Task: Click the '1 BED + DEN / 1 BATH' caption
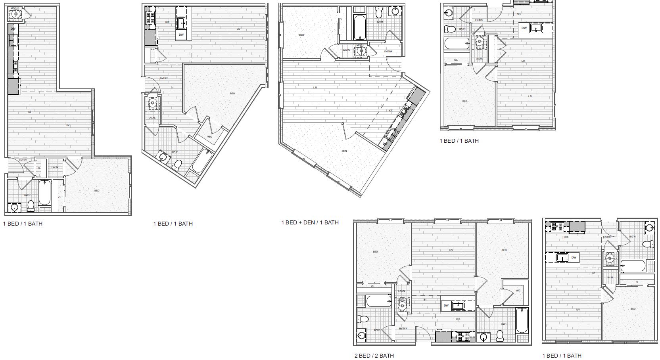(310, 222)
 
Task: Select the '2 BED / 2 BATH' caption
(374, 356)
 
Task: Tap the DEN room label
(344, 151)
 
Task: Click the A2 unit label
(29, 112)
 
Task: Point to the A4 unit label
(524, 61)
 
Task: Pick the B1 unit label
(424, 300)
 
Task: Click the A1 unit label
(594, 273)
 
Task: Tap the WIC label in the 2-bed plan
(518, 291)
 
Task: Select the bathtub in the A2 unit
(44, 193)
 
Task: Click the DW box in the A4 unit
(524, 28)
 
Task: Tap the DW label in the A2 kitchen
(13, 29)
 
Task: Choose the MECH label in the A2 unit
(14, 8)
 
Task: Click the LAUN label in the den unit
(346, 50)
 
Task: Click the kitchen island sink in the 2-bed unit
(459, 305)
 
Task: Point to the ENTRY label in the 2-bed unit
(403, 328)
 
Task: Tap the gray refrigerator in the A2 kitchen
(13, 86)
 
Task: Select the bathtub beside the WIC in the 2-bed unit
(522, 321)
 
